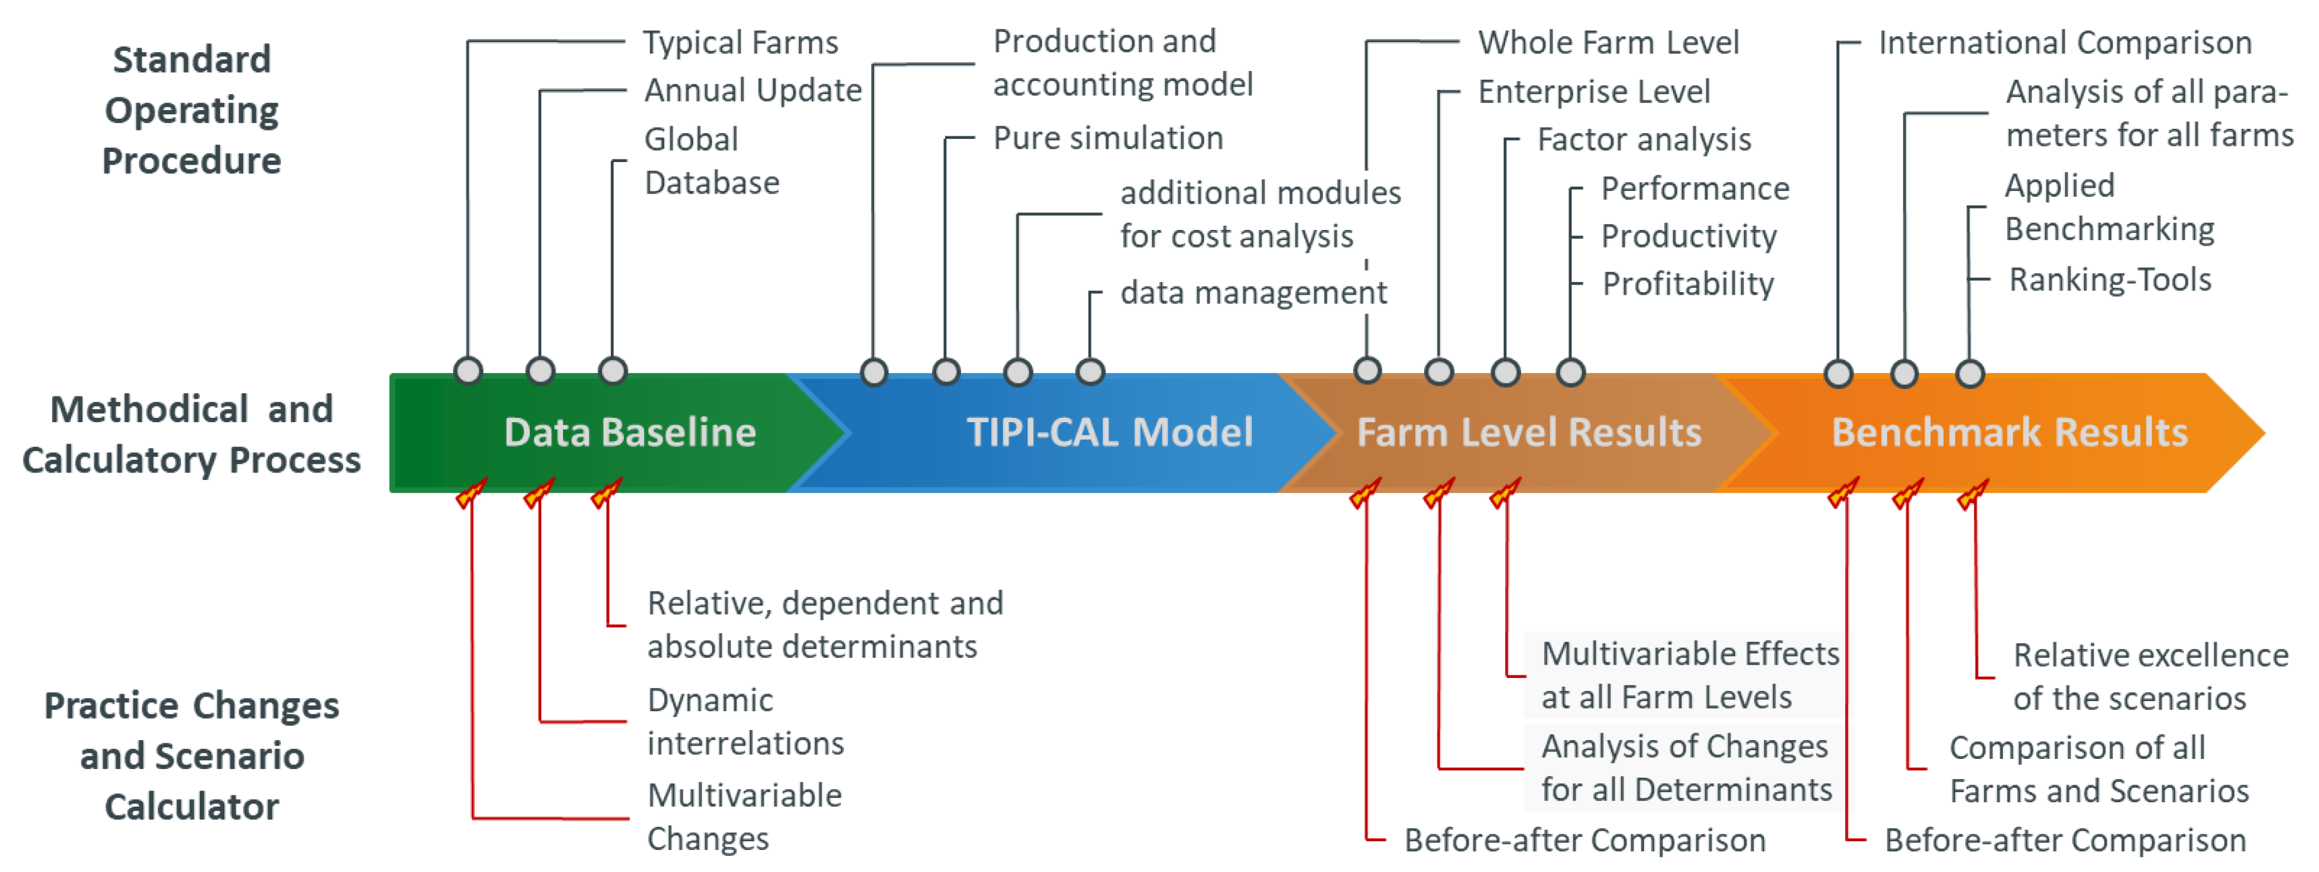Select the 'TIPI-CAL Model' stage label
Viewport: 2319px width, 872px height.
(x=1109, y=433)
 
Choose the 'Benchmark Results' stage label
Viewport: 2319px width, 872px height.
(x=2009, y=433)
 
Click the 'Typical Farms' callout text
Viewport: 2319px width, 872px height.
(x=740, y=42)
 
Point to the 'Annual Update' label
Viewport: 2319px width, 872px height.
(x=753, y=90)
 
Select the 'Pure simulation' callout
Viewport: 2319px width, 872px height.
(x=1107, y=138)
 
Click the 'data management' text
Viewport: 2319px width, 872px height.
(x=1253, y=293)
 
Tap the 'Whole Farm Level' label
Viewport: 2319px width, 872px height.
(x=1608, y=42)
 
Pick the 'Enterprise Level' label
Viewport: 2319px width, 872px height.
(x=1593, y=91)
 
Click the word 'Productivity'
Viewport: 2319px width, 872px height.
(x=1689, y=236)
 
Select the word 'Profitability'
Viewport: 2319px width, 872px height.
(x=1688, y=283)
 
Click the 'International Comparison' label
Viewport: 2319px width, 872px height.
(x=2064, y=42)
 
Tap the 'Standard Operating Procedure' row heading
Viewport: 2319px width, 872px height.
(x=192, y=110)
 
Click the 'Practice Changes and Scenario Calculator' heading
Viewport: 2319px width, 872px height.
(x=192, y=756)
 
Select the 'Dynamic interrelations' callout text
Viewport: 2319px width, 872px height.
(x=745, y=722)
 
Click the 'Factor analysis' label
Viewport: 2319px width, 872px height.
(x=1644, y=139)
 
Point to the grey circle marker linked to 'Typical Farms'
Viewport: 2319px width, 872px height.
(x=468, y=371)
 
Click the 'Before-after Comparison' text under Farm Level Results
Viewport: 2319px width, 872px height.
(x=1584, y=839)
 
